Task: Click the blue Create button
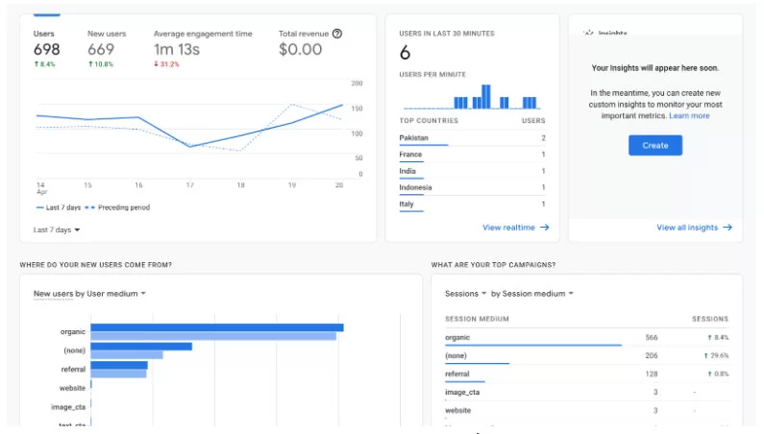(655, 145)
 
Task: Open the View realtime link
(515, 228)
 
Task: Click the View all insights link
(693, 228)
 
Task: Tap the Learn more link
(689, 115)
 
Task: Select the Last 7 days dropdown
(57, 229)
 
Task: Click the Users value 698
(46, 49)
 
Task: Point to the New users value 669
(101, 49)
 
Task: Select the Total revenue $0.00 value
(300, 49)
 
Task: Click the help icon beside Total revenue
(337, 33)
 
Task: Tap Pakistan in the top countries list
(414, 138)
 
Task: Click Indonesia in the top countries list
(415, 187)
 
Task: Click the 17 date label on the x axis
(189, 184)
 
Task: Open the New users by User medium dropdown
(89, 294)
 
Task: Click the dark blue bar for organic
(217, 327)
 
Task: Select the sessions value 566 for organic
(651, 337)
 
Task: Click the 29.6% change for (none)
(718, 355)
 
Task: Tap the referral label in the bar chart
(73, 369)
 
